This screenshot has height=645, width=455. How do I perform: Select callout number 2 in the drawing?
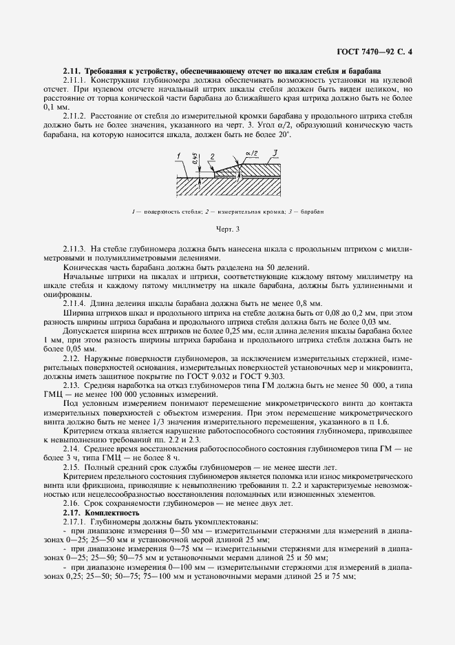tap(213, 156)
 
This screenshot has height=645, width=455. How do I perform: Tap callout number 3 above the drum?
tap(274, 152)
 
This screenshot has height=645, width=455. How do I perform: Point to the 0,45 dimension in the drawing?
tap(196, 164)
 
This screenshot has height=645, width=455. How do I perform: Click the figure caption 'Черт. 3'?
tap(228, 227)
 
